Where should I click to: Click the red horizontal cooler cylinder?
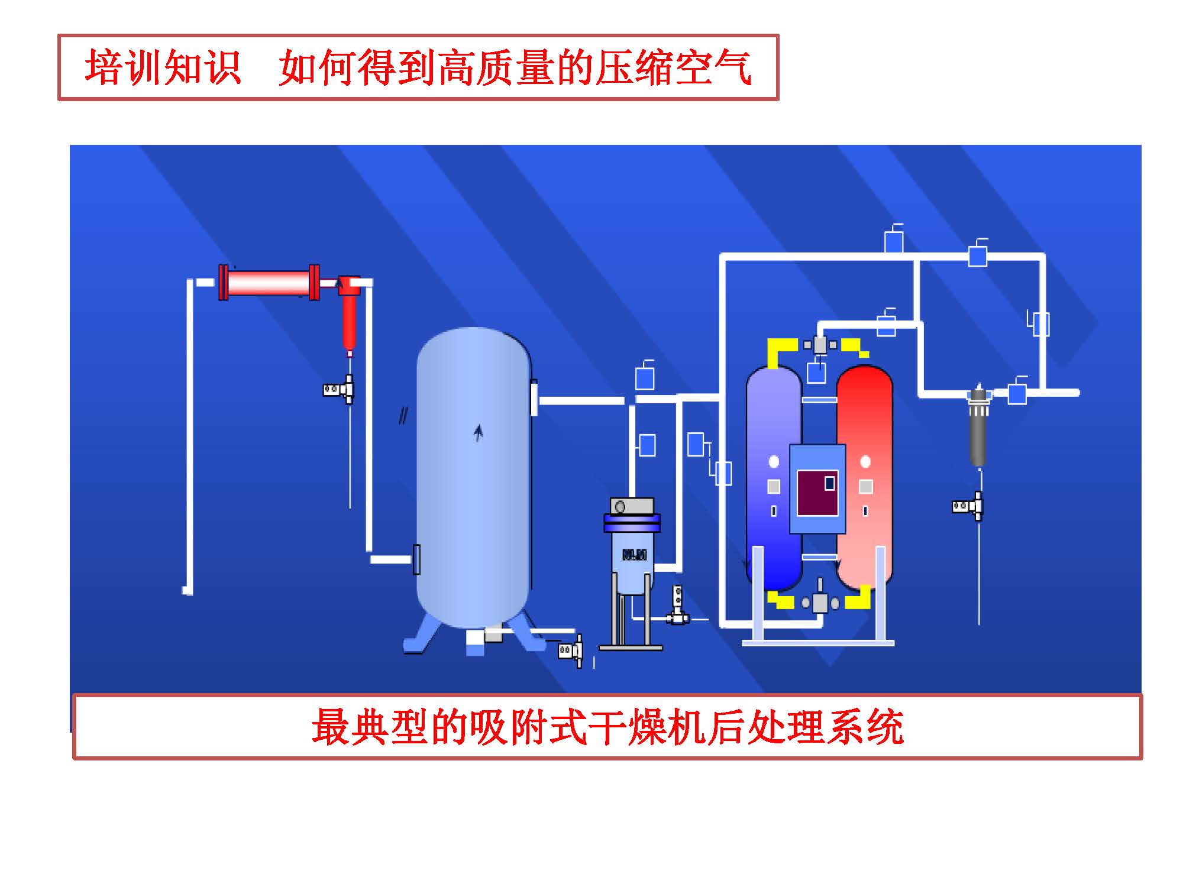pos(269,283)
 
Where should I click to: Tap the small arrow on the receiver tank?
pos(479,433)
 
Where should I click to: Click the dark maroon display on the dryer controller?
pos(817,493)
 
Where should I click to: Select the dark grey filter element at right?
pos(978,435)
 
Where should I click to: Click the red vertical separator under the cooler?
pos(350,319)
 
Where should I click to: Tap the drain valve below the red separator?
pos(340,390)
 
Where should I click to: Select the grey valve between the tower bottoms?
pos(820,602)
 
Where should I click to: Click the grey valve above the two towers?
pos(820,345)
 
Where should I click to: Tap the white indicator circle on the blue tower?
pos(774,462)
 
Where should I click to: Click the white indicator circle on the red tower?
pos(865,461)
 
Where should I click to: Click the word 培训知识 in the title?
pos(163,67)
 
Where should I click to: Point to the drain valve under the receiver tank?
pos(571,650)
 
